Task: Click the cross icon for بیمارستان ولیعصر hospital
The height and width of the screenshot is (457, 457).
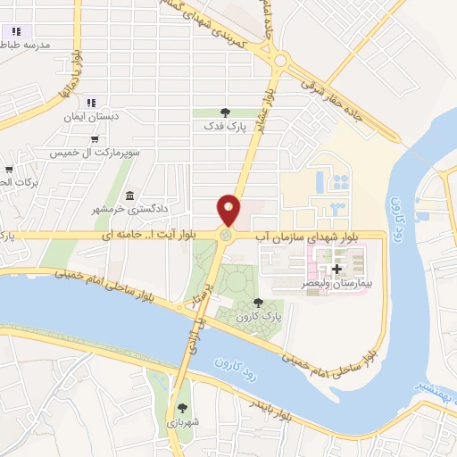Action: coord(337,269)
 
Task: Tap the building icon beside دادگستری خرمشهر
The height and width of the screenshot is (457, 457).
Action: coord(130,195)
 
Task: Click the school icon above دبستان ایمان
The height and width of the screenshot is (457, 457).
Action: coord(95,103)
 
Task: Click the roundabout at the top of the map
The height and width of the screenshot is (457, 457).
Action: coord(283,61)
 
